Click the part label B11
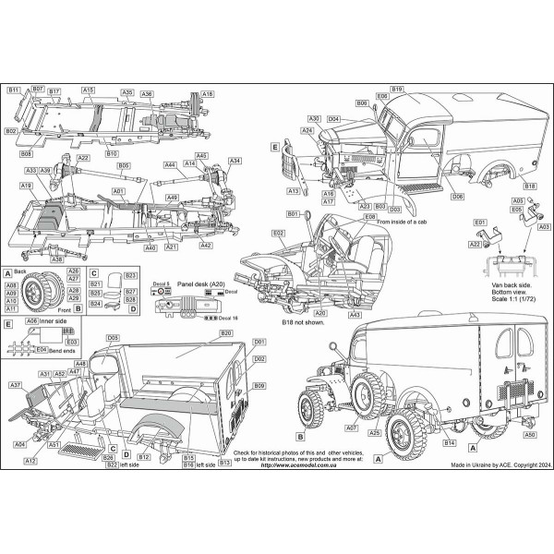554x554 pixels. click(x=13, y=90)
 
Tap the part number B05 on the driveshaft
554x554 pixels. click(x=123, y=164)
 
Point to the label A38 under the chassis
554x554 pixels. click(x=57, y=259)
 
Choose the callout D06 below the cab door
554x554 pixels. click(x=457, y=197)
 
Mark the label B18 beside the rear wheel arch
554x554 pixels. click(x=529, y=186)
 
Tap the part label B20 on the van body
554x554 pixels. click(x=226, y=331)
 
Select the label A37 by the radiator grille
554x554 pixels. click(x=15, y=384)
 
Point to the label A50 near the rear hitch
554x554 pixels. click(x=529, y=434)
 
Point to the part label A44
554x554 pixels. click(x=170, y=164)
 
